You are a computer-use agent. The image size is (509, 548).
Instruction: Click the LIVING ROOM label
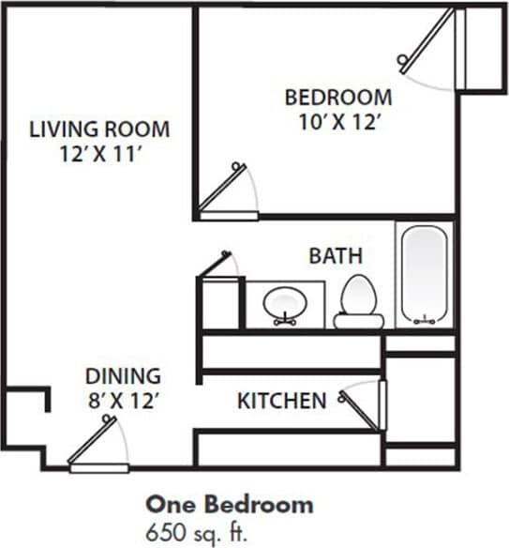(98, 128)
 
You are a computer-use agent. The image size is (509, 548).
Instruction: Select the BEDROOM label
(337, 97)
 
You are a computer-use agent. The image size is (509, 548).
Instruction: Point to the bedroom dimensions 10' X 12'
(337, 122)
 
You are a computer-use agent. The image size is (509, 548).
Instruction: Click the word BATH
(336, 255)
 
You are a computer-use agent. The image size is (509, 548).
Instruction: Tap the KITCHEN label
(281, 402)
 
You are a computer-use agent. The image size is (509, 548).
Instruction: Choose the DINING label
(123, 376)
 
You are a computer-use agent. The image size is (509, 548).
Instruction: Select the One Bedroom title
(230, 504)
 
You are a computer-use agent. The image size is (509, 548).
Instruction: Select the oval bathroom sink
(284, 302)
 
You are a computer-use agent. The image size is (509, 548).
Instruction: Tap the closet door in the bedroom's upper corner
(428, 42)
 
